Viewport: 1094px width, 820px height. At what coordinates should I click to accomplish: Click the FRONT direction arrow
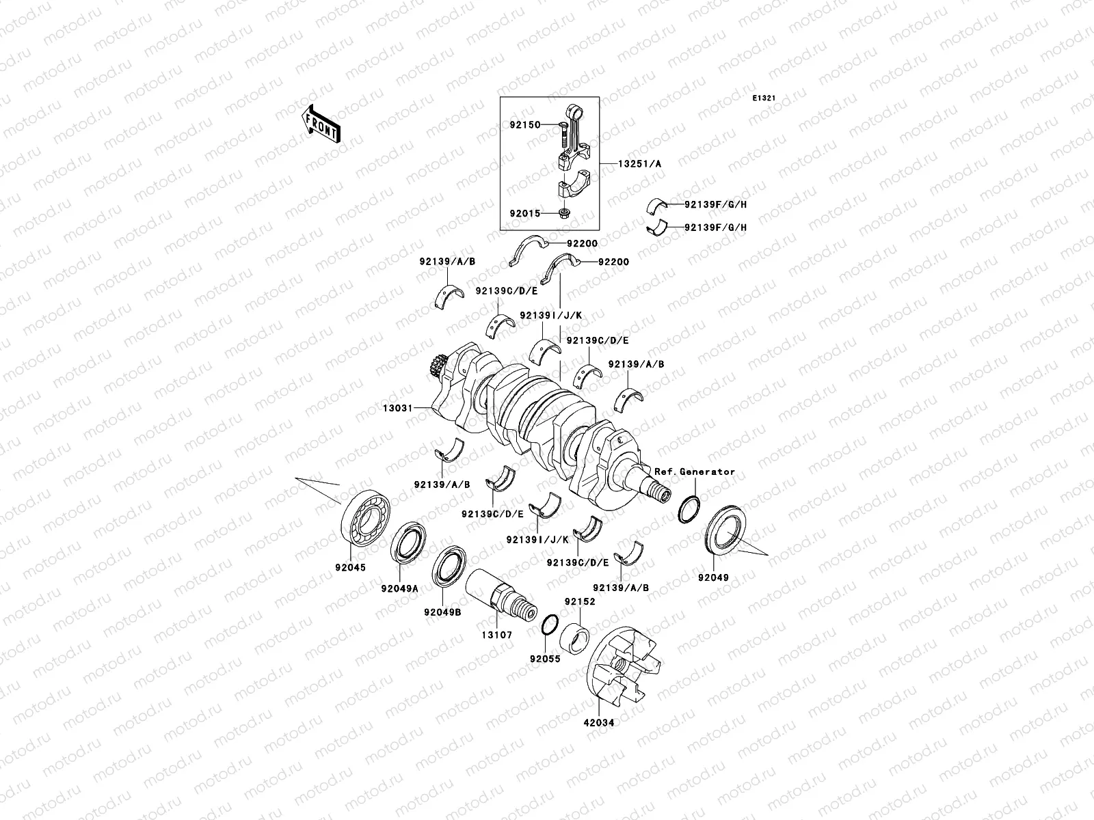tap(321, 124)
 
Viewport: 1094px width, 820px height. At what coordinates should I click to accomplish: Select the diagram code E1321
tap(764, 98)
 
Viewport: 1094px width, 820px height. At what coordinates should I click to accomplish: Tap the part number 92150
tap(524, 125)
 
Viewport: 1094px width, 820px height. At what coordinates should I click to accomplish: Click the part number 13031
tap(397, 408)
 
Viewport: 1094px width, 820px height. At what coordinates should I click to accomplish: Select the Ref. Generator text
tap(695, 471)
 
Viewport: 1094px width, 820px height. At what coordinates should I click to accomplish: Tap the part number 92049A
tap(400, 588)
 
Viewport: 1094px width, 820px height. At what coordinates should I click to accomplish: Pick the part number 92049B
tap(442, 612)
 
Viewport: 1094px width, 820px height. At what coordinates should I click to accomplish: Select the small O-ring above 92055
tap(549, 625)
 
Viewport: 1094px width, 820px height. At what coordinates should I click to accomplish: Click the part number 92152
tap(579, 601)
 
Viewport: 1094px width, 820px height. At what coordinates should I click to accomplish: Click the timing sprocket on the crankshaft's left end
tap(435, 368)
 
